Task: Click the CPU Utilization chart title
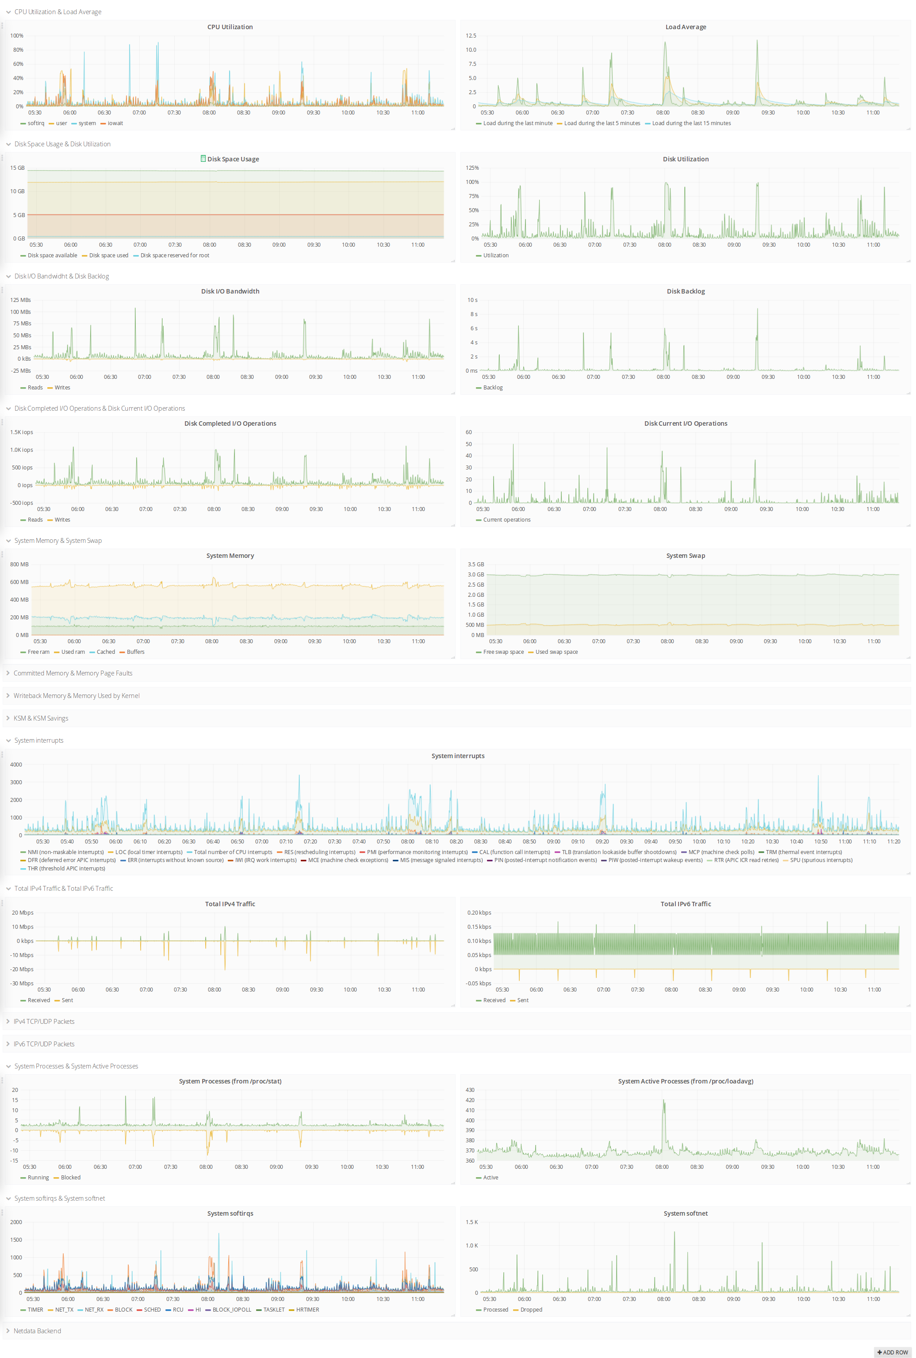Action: click(230, 27)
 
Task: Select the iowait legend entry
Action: click(115, 123)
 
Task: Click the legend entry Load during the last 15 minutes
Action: click(690, 123)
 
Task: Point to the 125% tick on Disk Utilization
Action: click(472, 168)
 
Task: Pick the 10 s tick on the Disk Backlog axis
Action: click(472, 300)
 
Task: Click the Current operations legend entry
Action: click(506, 519)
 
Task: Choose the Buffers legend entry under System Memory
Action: click(135, 652)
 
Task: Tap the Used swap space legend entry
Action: click(556, 652)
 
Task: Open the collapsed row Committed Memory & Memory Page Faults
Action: click(73, 673)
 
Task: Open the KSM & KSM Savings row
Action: click(40, 718)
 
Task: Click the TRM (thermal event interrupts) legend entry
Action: click(803, 852)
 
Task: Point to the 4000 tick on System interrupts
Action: click(16, 765)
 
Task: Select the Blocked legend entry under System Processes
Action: click(70, 1178)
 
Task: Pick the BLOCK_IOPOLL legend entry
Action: click(231, 1309)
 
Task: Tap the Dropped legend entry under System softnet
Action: click(530, 1309)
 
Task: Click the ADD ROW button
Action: click(893, 1352)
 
